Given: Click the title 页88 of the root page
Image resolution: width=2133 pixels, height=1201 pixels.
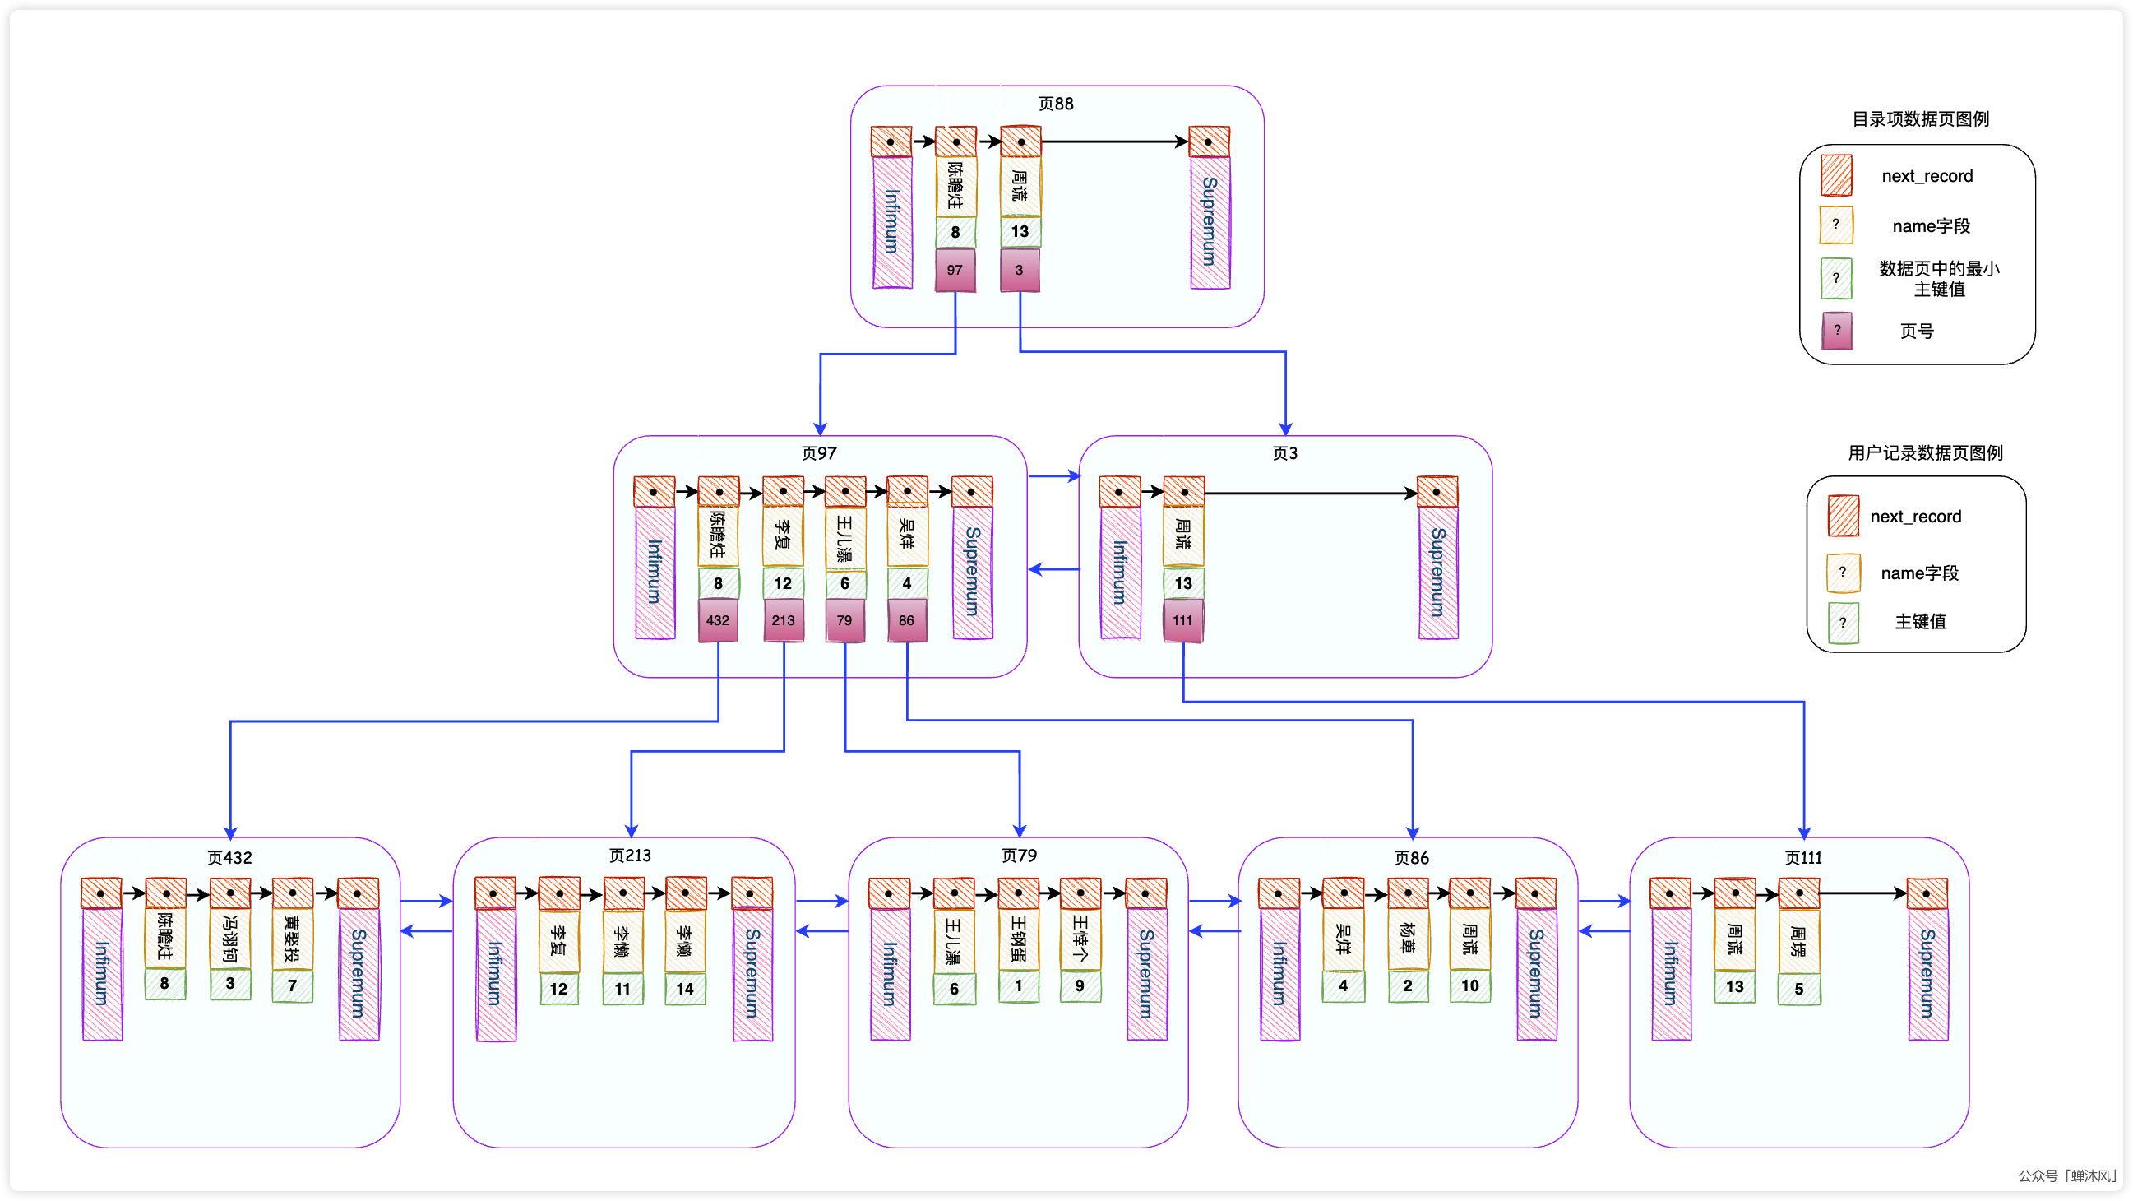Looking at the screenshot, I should (x=1056, y=104).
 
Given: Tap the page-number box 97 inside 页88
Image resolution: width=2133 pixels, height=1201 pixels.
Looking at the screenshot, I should (x=955, y=271).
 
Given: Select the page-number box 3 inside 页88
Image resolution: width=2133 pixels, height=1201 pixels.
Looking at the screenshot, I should (x=1020, y=271).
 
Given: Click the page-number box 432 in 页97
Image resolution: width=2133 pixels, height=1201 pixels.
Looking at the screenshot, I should (x=718, y=620).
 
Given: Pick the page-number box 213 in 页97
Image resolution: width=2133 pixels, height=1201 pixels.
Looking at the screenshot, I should (x=783, y=620).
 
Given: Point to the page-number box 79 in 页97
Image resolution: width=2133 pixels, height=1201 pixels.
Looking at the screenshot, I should (x=844, y=620).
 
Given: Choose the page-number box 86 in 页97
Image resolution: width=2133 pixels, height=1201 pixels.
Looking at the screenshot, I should (x=907, y=620).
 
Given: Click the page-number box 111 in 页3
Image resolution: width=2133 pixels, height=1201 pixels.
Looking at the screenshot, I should (x=1182, y=620).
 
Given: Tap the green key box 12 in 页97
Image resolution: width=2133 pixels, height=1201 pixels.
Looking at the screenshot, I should (x=783, y=583).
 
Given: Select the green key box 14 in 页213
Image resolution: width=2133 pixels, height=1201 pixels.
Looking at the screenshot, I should (x=685, y=988).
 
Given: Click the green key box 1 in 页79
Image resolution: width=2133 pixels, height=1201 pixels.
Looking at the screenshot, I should (x=1019, y=985).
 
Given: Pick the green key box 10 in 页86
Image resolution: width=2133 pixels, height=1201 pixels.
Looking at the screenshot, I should (x=1469, y=985).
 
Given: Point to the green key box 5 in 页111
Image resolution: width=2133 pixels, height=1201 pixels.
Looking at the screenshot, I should (x=1798, y=989).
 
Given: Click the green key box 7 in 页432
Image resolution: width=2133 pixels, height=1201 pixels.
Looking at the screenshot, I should (x=292, y=985).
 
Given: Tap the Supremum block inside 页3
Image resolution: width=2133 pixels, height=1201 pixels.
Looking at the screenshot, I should (x=1437, y=572).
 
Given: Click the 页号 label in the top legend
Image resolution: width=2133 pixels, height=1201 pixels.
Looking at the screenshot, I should (x=1916, y=332).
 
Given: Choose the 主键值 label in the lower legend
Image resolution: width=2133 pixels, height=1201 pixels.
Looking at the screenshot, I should (x=1920, y=621).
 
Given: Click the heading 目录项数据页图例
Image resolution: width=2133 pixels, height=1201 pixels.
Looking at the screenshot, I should (x=1920, y=119).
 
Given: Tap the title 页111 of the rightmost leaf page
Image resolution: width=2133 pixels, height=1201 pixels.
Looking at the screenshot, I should (x=1802, y=858).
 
